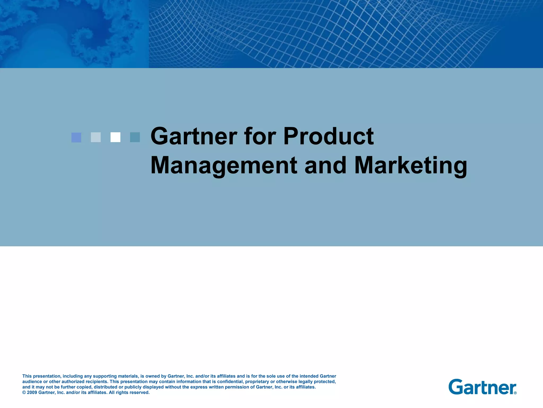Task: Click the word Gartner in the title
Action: point(194,137)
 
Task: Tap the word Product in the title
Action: point(329,137)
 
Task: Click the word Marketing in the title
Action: point(410,166)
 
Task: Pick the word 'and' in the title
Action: point(325,166)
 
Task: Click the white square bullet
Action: point(115,137)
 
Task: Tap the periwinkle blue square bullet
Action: point(76,137)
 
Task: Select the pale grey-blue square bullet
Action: point(96,137)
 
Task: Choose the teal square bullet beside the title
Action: point(135,137)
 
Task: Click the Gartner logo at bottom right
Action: point(482,387)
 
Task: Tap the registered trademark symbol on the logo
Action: point(515,393)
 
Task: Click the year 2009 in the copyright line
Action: point(32,393)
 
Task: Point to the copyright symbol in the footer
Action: point(24,393)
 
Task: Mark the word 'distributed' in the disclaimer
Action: point(106,387)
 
